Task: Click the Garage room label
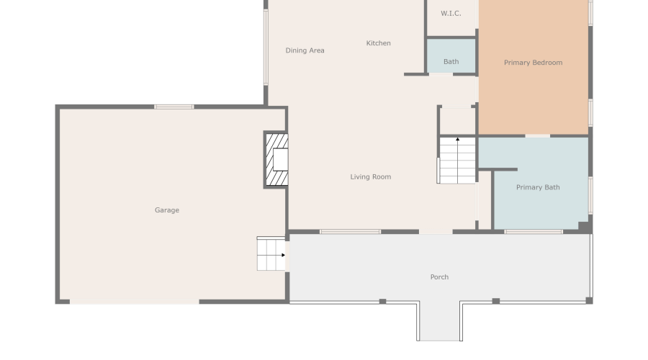click(167, 210)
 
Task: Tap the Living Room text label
click(371, 177)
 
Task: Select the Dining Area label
click(305, 50)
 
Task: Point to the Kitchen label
click(378, 43)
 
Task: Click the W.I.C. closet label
click(451, 13)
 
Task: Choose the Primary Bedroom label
click(533, 63)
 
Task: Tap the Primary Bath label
click(538, 187)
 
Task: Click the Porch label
click(439, 277)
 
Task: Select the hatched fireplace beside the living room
click(276, 160)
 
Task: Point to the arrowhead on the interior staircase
click(457, 139)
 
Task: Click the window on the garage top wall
click(174, 107)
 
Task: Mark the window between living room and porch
click(350, 232)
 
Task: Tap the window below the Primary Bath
click(534, 232)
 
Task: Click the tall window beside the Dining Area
click(266, 48)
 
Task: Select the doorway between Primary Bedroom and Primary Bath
click(538, 135)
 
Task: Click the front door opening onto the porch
click(436, 232)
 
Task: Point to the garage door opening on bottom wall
click(135, 302)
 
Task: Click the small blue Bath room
click(451, 56)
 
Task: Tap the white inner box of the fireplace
click(281, 159)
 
